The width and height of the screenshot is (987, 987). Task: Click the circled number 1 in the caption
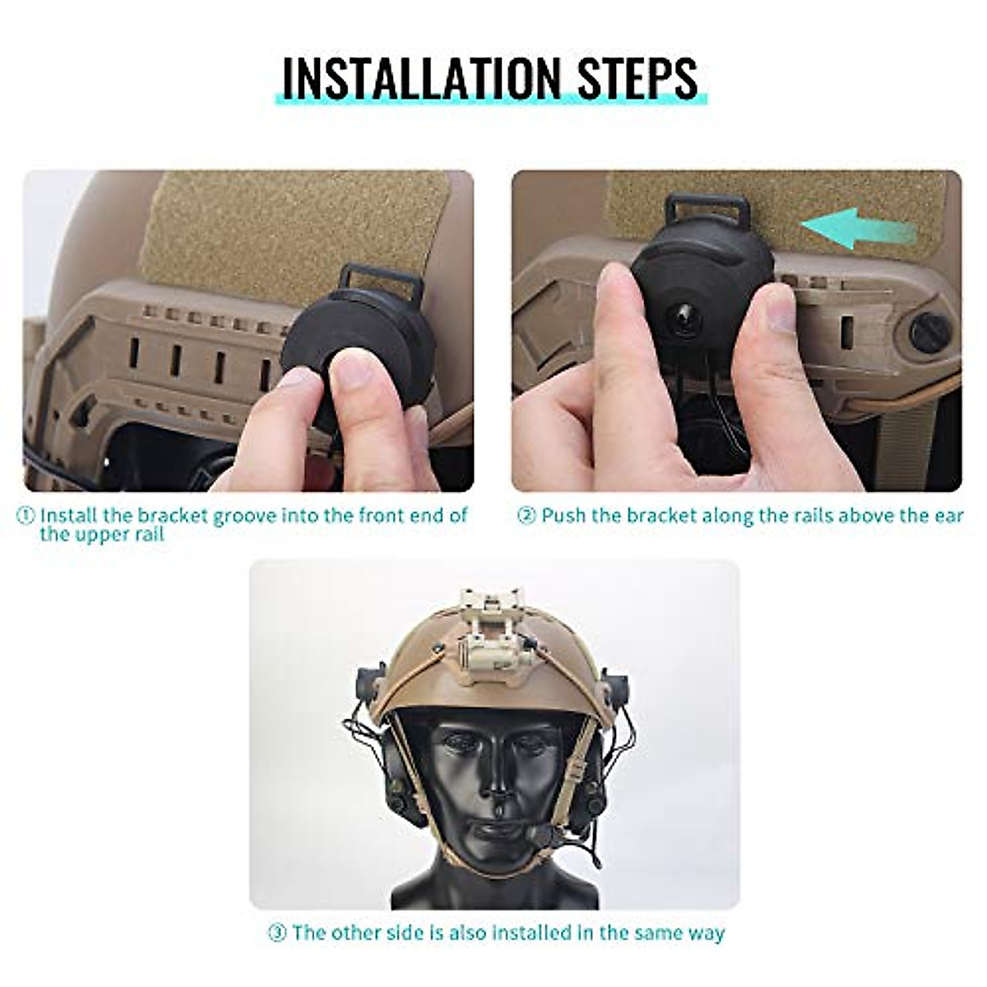(26, 517)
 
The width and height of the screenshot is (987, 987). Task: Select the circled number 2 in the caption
(526, 517)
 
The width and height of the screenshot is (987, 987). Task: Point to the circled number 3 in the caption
(277, 933)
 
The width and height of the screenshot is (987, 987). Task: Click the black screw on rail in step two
(929, 331)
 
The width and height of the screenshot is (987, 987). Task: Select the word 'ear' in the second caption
(946, 517)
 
